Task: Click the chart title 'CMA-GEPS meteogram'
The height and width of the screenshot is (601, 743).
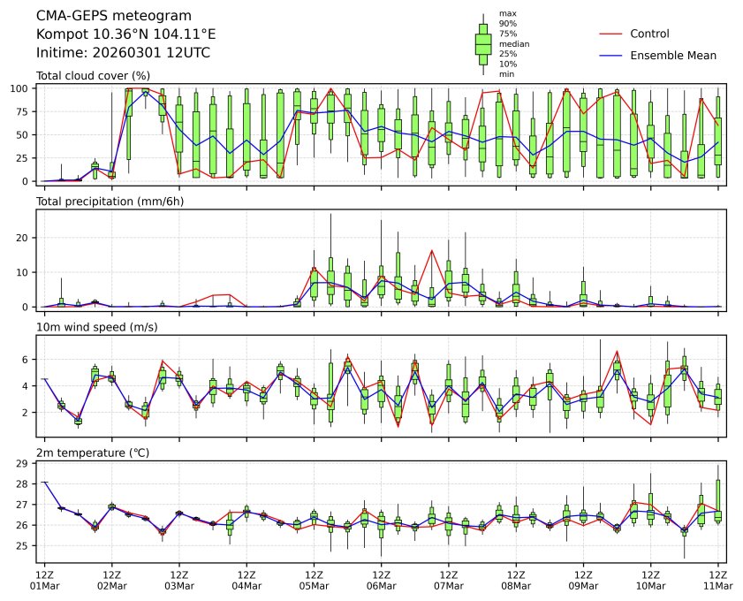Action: [108, 16]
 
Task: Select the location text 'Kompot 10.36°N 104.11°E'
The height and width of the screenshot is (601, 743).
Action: [126, 34]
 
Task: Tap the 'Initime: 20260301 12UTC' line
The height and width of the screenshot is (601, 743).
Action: [123, 53]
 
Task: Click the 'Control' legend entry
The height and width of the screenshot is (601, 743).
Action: [649, 34]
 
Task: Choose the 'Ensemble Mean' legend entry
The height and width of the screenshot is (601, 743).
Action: [672, 56]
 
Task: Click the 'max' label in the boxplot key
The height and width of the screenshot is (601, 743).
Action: [507, 13]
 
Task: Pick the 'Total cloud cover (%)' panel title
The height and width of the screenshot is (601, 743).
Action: [93, 76]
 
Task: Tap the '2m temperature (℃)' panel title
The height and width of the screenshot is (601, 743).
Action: [91, 453]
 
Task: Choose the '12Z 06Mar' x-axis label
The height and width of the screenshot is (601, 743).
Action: [381, 580]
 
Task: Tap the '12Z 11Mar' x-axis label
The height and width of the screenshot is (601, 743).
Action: [717, 580]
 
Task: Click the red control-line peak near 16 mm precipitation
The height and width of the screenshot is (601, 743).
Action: [432, 250]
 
